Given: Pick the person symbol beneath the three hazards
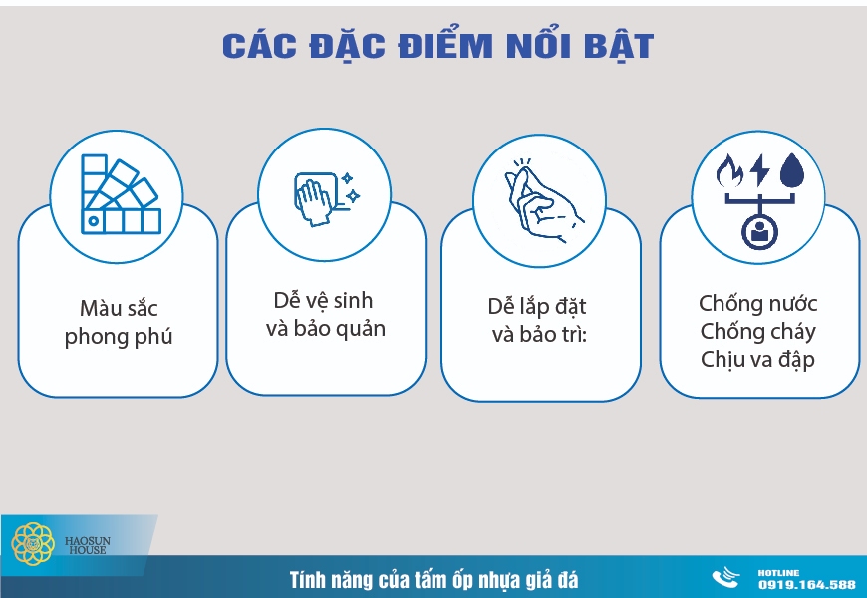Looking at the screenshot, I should pyautogui.click(x=759, y=232).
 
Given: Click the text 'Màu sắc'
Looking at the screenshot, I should pyautogui.click(x=119, y=307).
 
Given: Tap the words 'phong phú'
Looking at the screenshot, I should pyautogui.click(x=119, y=336).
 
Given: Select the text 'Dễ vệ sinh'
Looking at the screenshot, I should pyautogui.click(x=324, y=299).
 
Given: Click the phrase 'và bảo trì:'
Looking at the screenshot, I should pyautogui.click(x=539, y=335).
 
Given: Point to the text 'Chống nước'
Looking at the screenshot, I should pyautogui.click(x=758, y=303).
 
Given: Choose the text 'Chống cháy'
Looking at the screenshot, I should pyautogui.click(x=758, y=331).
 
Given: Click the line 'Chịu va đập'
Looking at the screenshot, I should pyautogui.click(x=758, y=359).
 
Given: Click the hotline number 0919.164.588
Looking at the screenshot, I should pyautogui.click(x=806, y=584).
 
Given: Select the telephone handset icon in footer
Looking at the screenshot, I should pyautogui.click(x=725, y=579).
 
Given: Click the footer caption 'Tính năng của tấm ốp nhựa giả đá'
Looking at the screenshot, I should pyautogui.click(x=433, y=579).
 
